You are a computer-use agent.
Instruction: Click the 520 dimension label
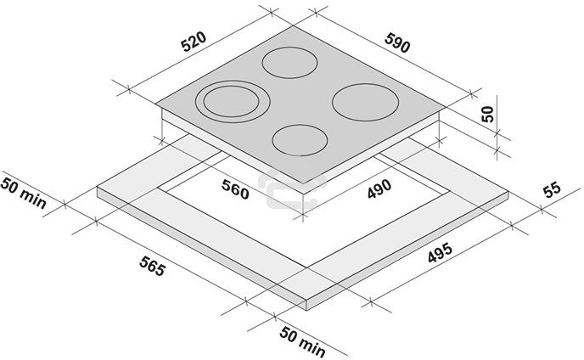click(x=194, y=42)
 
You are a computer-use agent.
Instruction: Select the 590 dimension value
click(x=397, y=42)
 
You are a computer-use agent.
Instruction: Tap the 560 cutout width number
click(x=235, y=189)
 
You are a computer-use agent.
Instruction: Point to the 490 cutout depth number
click(x=379, y=188)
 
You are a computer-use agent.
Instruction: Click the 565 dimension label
click(x=152, y=266)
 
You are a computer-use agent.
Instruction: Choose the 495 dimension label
click(x=440, y=253)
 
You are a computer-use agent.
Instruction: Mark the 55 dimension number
click(x=552, y=189)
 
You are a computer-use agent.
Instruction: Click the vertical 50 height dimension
click(x=487, y=114)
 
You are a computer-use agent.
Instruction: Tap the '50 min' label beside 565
click(x=302, y=341)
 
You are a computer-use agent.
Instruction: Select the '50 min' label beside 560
click(x=23, y=193)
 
